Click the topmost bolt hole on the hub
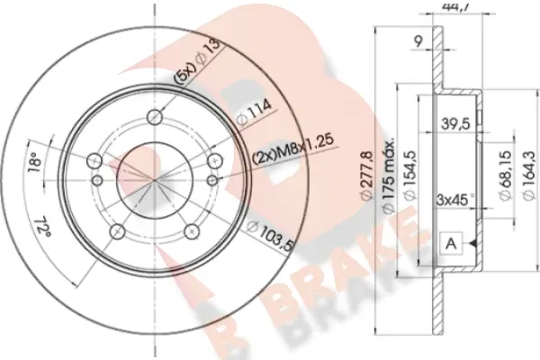pyautogui.click(x=156, y=116)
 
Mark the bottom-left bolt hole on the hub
pyautogui.click(x=117, y=233)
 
